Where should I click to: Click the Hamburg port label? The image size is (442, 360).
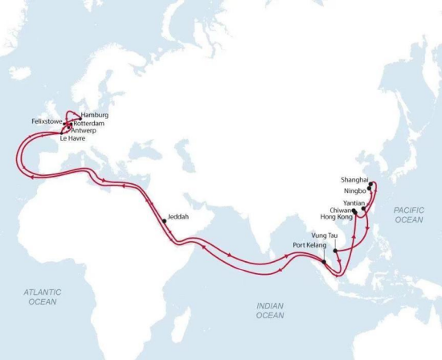point(95,116)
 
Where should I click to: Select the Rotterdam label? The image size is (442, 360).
point(89,124)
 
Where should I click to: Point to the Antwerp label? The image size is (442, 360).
point(85,131)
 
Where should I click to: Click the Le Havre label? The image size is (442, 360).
point(72,139)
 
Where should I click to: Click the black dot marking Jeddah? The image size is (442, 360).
point(163,220)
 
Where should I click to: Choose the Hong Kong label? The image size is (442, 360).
point(336,218)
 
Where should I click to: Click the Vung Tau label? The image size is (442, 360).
point(324,235)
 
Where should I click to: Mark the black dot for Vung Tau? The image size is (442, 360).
point(335,250)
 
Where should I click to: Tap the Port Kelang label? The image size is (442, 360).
point(306,246)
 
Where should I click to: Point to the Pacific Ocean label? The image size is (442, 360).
point(408,214)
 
